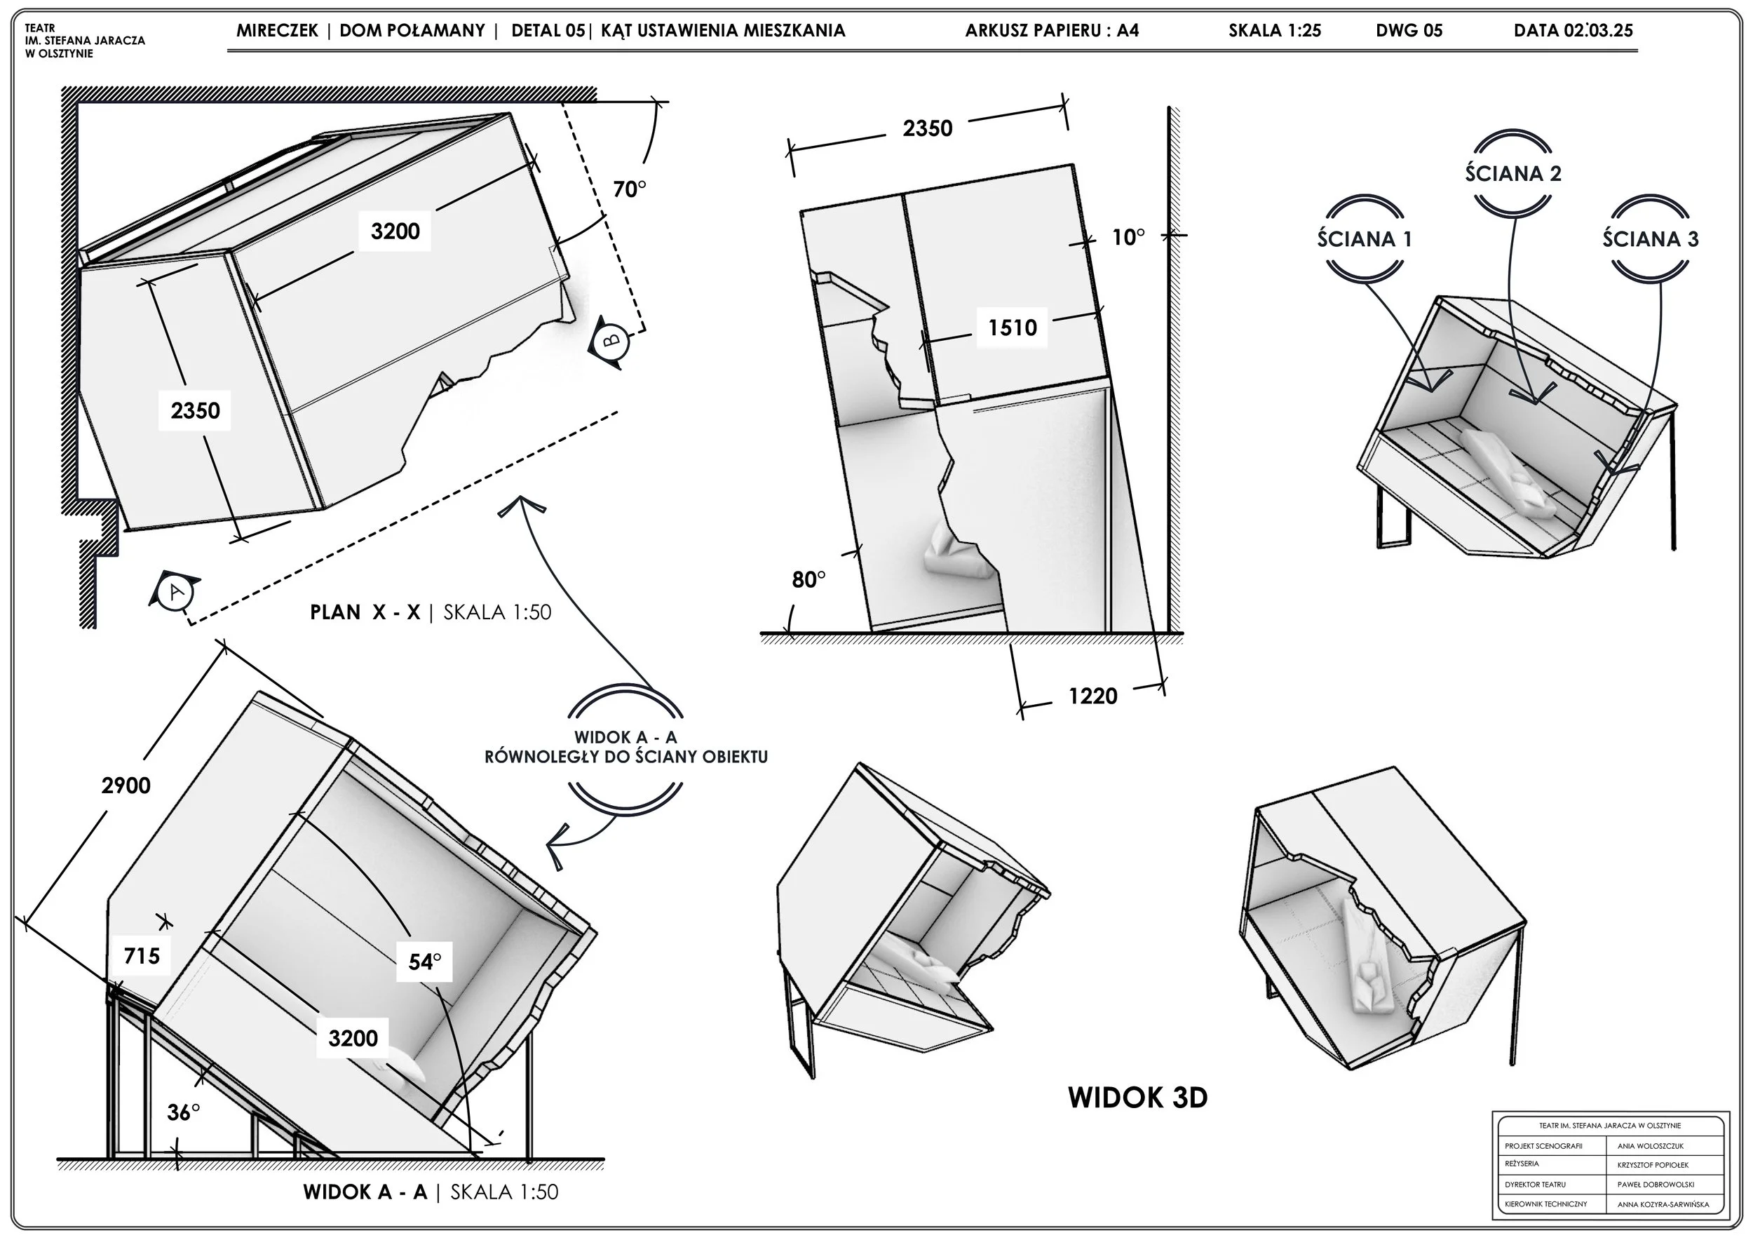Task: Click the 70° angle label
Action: pos(630,189)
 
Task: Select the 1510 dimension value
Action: pos(1013,328)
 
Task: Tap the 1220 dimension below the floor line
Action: pos(1092,696)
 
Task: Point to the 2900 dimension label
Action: pos(126,785)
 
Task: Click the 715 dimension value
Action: pos(142,955)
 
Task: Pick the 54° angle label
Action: pos(424,962)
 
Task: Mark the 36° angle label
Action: pos(184,1112)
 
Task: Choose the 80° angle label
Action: pos(808,579)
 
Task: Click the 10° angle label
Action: pos(1128,238)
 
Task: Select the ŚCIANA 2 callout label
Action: pos(1513,173)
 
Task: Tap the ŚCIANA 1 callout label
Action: pos(1365,239)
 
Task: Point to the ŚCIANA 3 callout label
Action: pos(1651,239)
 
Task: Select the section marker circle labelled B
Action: pos(611,342)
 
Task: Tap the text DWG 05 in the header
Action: pos(1409,31)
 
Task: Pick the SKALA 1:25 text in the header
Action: pos(1274,31)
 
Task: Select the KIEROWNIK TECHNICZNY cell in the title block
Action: pos(1546,1204)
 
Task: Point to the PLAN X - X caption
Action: pos(365,612)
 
